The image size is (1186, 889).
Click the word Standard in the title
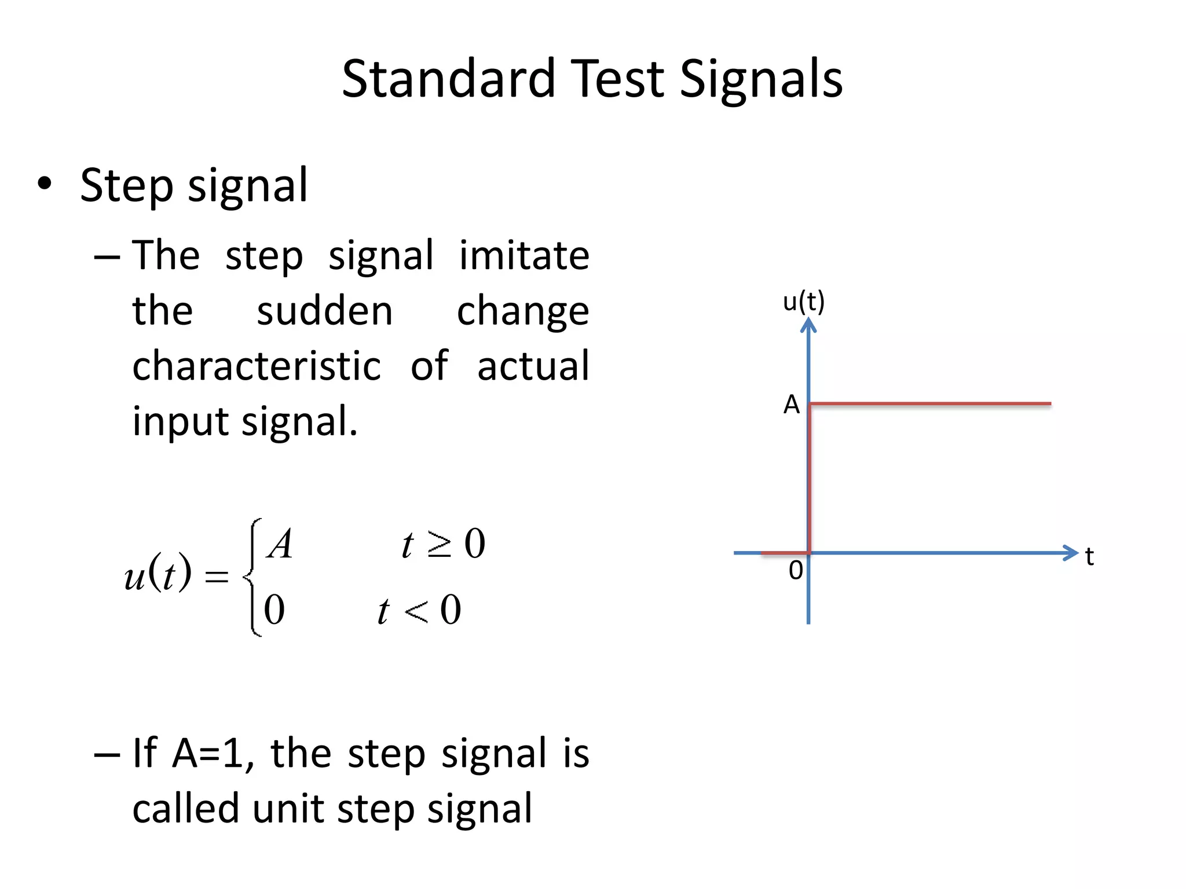[x=448, y=79]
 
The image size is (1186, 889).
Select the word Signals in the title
[x=760, y=79]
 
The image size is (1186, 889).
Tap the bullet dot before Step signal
[x=45, y=185]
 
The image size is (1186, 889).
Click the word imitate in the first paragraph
[x=524, y=255]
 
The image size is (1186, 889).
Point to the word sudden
[x=324, y=311]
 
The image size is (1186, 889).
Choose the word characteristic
[x=257, y=366]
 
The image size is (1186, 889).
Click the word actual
[x=533, y=366]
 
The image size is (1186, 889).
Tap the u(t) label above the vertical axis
[x=803, y=302]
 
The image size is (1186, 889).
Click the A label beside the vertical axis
[x=791, y=405]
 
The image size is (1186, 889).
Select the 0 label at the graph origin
[x=796, y=571]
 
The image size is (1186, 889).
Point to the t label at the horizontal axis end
[x=1089, y=557]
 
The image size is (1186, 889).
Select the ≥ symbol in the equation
[x=440, y=545]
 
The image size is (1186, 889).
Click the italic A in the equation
[x=280, y=545]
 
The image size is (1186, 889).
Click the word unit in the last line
[x=287, y=809]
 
